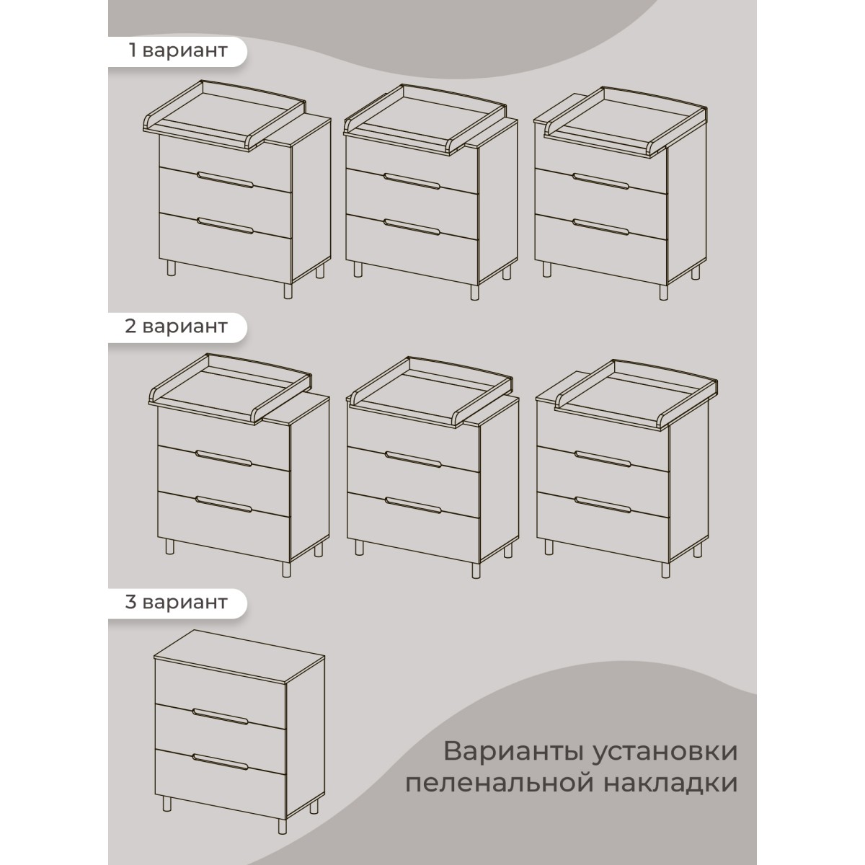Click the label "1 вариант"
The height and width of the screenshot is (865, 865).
pos(178,50)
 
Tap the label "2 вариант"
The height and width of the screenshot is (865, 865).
pos(177,327)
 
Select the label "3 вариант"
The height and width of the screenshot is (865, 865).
pos(177,602)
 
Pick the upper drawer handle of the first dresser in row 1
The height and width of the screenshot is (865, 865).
pos(226,179)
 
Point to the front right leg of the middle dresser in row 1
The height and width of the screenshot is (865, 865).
pos(474,293)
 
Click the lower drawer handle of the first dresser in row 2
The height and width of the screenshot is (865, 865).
pos(223,504)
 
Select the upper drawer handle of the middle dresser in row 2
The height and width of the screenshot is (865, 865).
pos(413,459)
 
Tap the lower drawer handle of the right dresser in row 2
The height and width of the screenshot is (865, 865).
pos(603,505)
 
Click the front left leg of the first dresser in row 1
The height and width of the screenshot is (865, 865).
pos(171,269)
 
